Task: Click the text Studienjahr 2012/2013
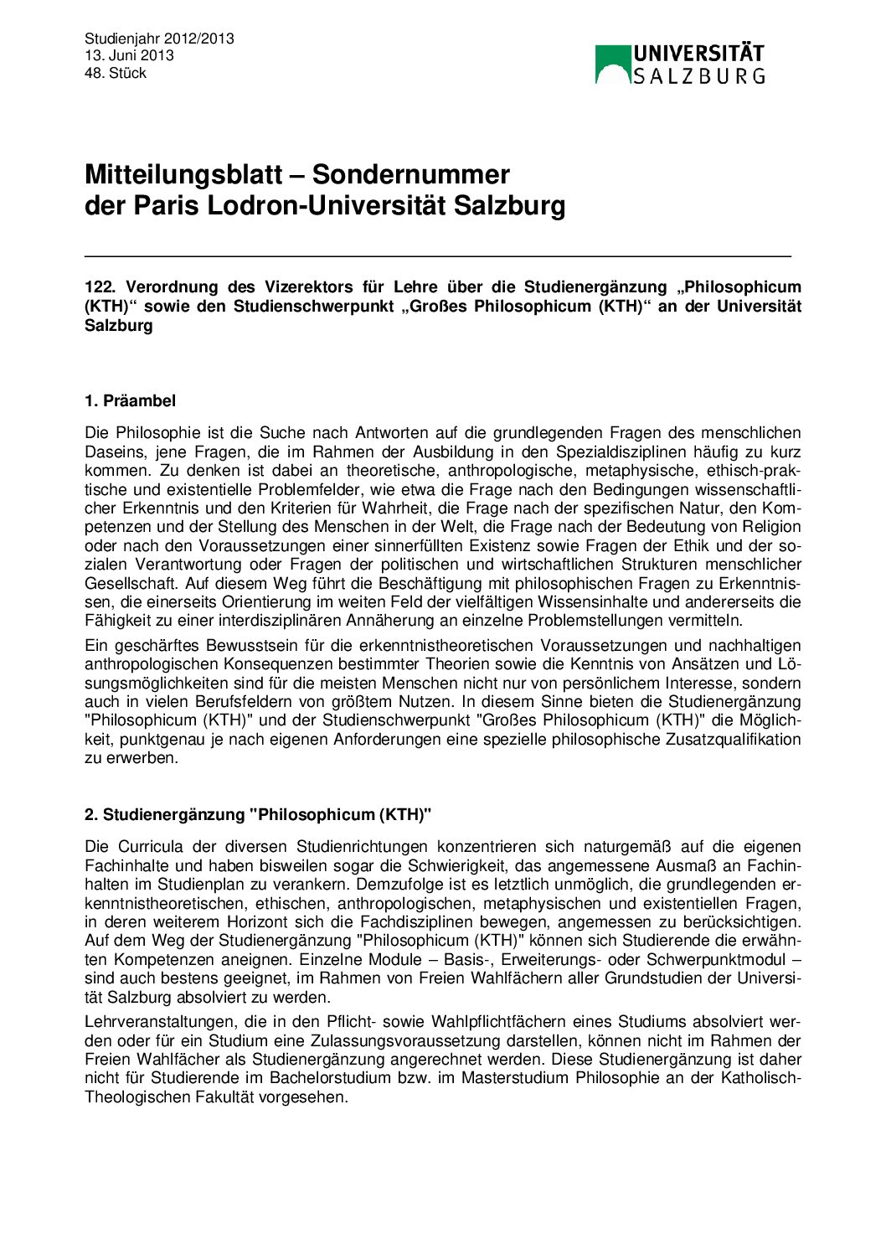[x=159, y=39]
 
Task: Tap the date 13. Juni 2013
[x=129, y=55]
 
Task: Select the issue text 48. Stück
[x=116, y=73]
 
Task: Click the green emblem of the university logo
[x=612, y=65]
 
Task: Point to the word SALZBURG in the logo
[x=698, y=76]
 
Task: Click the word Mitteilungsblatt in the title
[x=194, y=175]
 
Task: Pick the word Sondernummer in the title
[x=410, y=175]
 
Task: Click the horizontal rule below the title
[x=437, y=255]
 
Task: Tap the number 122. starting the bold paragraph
[x=100, y=287]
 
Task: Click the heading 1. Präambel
[x=130, y=401]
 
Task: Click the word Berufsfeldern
[x=255, y=702]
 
